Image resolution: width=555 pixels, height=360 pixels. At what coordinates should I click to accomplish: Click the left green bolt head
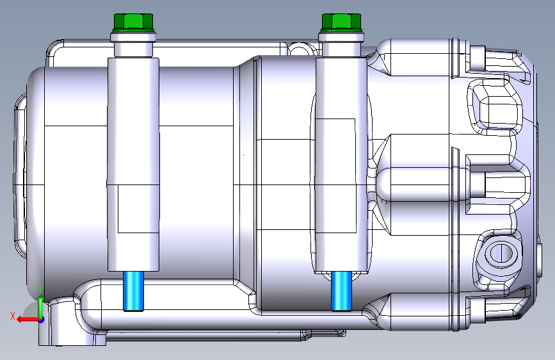tap(133, 22)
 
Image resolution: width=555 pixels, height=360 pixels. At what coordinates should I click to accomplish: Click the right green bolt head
tap(341, 22)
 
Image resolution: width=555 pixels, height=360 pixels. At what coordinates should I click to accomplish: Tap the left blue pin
tap(133, 291)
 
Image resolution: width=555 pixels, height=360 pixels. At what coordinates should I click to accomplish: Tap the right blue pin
tap(342, 291)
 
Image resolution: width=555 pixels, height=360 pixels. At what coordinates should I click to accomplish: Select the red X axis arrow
tap(29, 320)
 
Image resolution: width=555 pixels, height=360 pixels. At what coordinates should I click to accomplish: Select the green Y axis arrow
tap(41, 307)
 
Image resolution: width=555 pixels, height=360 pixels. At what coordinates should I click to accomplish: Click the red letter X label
tap(13, 316)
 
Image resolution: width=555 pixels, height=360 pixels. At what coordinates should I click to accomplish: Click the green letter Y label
tap(41, 288)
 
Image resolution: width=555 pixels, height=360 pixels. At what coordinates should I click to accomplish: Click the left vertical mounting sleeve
tap(133, 164)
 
